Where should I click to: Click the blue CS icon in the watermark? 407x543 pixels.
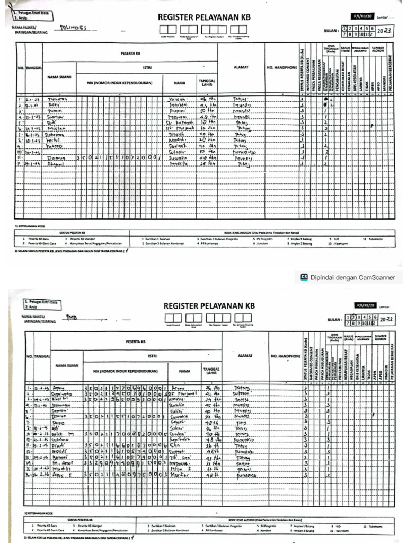tap(304, 276)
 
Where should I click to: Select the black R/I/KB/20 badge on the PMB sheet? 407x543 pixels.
tap(365, 306)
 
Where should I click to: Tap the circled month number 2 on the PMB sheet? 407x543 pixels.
tap(351, 316)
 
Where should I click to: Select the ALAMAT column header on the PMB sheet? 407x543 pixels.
tap(245, 355)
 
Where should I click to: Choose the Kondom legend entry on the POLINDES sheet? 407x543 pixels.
tap(260, 244)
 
